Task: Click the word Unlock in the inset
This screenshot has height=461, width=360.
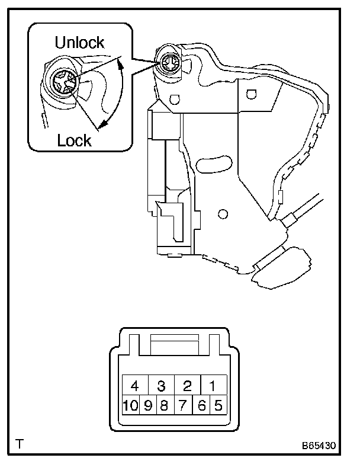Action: [79, 42]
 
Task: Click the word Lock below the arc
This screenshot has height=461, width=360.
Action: [74, 140]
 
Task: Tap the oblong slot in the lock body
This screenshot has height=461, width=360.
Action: [214, 164]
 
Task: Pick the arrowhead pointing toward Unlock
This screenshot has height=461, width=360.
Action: [120, 61]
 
